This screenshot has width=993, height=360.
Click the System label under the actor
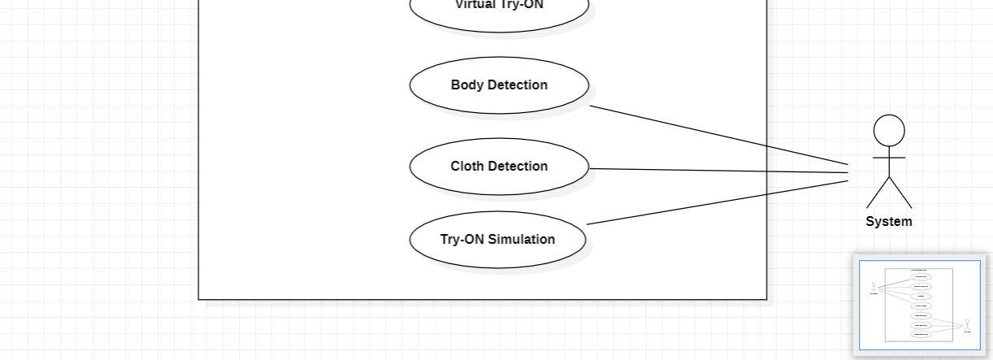[x=889, y=221]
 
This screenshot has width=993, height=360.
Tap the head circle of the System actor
[x=889, y=131]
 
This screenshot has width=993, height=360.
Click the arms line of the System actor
[x=889, y=157]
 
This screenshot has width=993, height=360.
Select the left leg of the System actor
[x=878, y=193]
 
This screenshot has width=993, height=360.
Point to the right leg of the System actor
[x=900, y=193]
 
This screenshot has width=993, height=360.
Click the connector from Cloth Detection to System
[x=719, y=171]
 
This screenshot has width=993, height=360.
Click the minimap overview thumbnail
[x=920, y=305]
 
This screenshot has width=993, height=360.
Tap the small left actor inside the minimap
[x=874, y=288]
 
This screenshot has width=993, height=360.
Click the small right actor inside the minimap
[x=967, y=326]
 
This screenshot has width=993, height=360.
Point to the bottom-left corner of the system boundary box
[x=199, y=299]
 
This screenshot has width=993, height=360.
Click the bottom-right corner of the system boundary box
[x=766, y=299]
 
